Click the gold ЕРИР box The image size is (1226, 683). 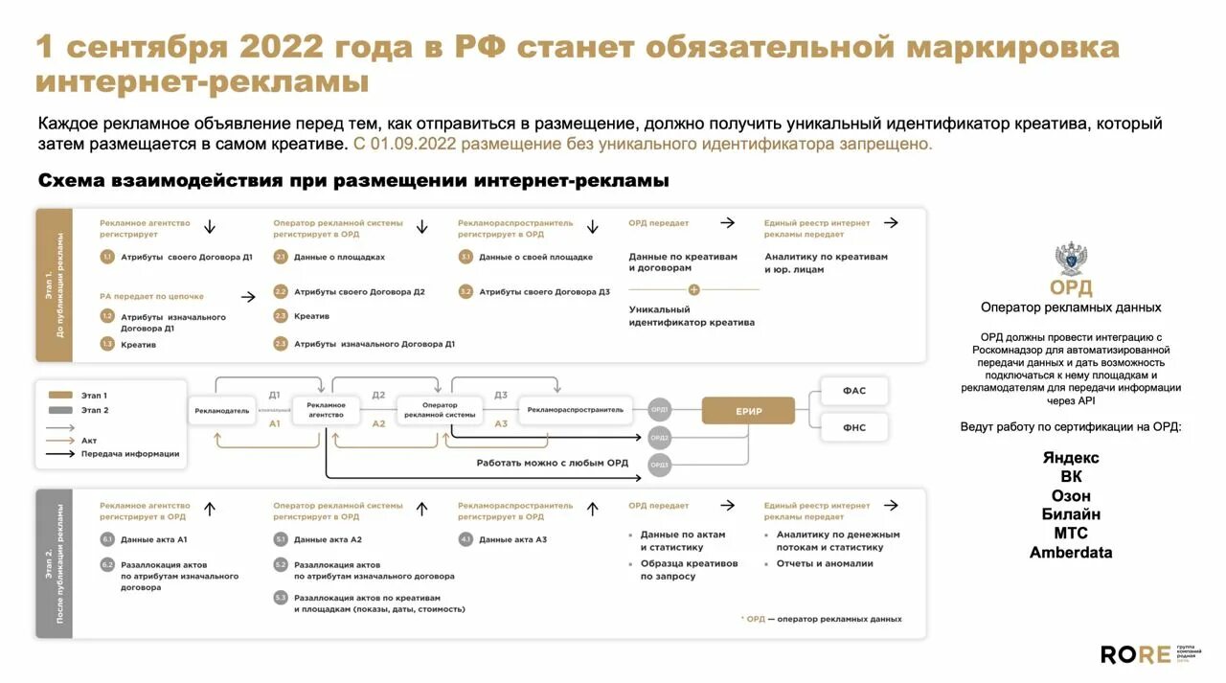[748, 411]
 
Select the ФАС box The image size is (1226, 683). [853, 391]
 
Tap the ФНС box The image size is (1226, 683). [853, 427]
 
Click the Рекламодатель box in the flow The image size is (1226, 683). [222, 410]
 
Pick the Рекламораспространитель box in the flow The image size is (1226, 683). [575, 410]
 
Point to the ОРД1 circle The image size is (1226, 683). [659, 410]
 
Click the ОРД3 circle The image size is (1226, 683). [659, 465]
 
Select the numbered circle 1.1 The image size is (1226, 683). [107, 257]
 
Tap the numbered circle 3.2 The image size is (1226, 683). [465, 291]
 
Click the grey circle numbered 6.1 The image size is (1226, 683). [107, 539]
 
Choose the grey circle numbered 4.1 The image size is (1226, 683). [465, 539]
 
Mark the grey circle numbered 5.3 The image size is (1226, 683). [281, 597]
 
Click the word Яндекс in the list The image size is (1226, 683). [1071, 458]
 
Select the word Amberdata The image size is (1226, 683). [1071, 553]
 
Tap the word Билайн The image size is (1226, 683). [1071, 514]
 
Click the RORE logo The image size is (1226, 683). [1135, 654]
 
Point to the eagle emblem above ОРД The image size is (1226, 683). [1071, 259]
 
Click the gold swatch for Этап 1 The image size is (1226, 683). [61, 395]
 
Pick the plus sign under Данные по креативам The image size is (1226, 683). [693, 289]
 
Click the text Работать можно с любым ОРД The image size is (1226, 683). [553, 463]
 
